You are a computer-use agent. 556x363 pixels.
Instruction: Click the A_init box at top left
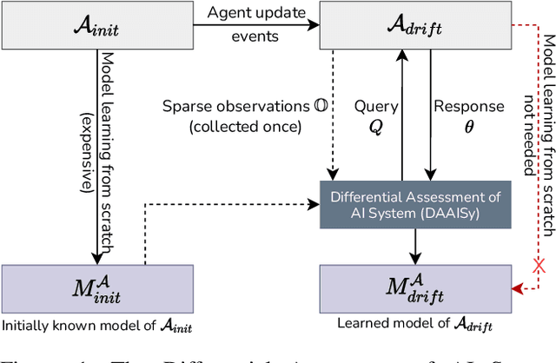point(96,27)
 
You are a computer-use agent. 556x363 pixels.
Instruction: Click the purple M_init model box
point(96,287)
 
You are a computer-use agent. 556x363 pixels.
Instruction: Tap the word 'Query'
point(375,107)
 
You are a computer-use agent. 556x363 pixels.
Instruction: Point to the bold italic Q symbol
point(375,127)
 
